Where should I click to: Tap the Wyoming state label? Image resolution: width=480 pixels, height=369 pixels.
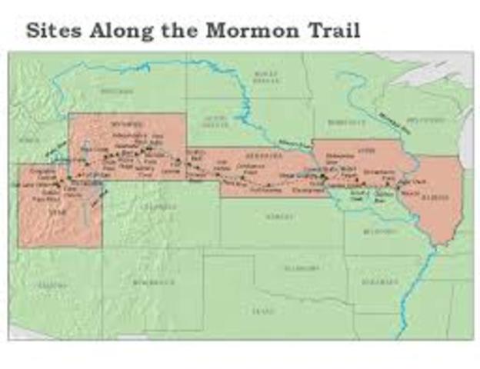pos(123,123)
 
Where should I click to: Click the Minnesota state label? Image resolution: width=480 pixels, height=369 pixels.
pos(338,121)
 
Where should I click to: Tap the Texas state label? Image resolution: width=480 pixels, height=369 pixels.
pos(262,311)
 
